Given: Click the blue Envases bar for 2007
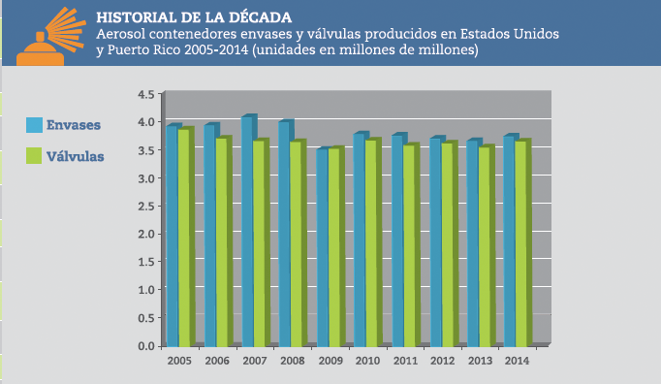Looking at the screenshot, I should (247, 232).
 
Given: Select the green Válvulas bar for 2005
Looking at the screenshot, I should (185, 237).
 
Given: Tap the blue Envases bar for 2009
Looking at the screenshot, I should (322, 247).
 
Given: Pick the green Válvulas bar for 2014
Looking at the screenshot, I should (521, 243).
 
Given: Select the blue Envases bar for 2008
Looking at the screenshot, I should (285, 234).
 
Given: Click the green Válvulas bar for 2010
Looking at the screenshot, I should (371, 242).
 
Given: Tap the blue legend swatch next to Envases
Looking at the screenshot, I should (34, 125).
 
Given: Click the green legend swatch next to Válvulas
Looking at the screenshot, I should (34, 155).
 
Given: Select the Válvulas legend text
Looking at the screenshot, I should (76, 155).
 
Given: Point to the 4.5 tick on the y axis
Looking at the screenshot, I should (146, 95).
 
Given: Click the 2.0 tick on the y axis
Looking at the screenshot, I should (146, 234).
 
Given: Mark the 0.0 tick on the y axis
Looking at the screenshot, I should (146, 346).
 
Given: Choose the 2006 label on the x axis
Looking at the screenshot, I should (216, 361).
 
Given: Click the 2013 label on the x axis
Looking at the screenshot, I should (479, 361).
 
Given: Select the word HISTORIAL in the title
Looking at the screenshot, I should (137, 16).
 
